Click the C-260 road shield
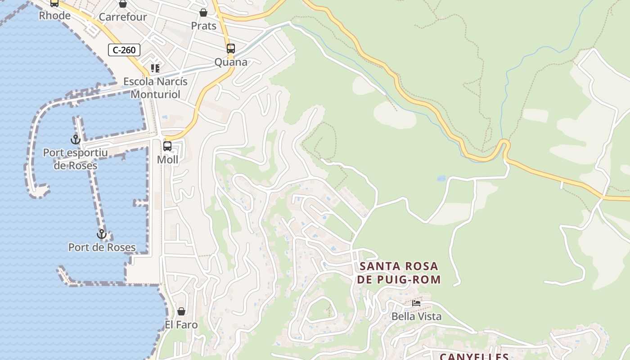124,50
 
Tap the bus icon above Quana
231,49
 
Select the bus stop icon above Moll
167,146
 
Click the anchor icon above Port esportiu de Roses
76,139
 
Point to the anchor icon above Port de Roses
102,234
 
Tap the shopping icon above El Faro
181,311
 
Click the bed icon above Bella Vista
416,303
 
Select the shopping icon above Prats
203,13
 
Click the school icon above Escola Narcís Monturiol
155,68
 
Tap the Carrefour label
123,17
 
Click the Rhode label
55,16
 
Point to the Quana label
231,62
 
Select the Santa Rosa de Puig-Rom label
399,273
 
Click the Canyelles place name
474,356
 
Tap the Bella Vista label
416,316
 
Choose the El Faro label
181,324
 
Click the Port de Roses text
102,247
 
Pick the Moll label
167,160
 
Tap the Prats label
204,26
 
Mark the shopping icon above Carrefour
123,4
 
